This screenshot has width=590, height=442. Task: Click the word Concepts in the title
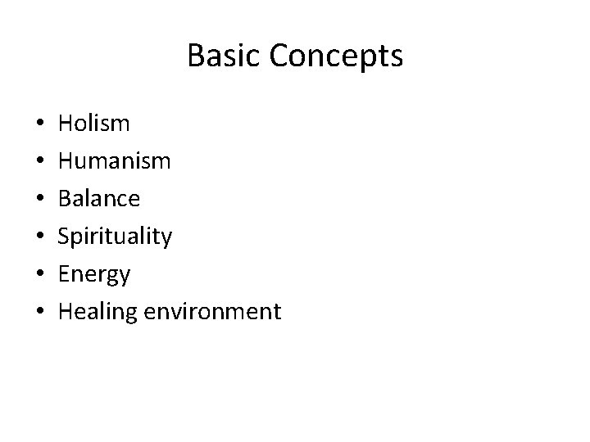coord(335,56)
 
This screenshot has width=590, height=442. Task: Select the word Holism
coord(94,124)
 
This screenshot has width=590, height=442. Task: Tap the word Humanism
coord(115,161)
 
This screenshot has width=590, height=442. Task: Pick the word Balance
coord(99,199)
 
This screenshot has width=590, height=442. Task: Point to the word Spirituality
coord(116,237)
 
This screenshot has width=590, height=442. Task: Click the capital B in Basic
coord(195,56)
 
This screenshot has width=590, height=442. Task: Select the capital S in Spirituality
coord(66,237)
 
